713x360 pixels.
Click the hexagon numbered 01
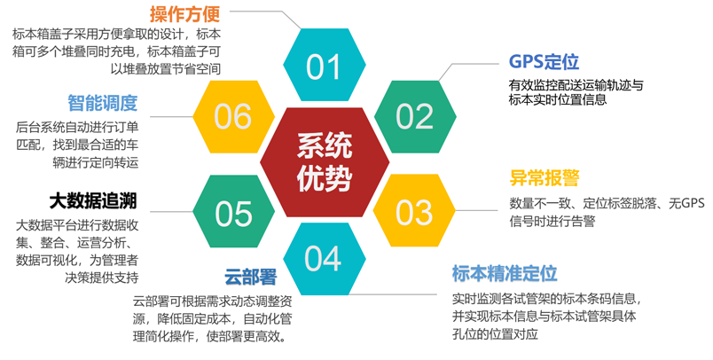[x=325, y=65]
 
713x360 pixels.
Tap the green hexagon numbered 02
[x=415, y=117]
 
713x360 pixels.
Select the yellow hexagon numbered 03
[x=414, y=210]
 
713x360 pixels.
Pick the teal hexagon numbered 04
[x=325, y=259]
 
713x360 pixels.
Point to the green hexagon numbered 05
[x=234, y=211]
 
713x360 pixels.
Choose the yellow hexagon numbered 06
[x=234, y=117]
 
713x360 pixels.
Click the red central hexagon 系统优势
[x=325, y=162]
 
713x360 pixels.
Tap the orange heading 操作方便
[x=185, y=14]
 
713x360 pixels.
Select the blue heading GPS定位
[x=544, y=61]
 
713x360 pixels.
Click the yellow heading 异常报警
[x=545, y=177]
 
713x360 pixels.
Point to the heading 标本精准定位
[x=505, y=273]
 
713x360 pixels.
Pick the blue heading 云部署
[x=251, y=277]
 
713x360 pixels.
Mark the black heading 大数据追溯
[x=93, y=201]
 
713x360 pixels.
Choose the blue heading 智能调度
[x=103, y=103]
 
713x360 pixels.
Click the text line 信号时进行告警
[x=552, y=222]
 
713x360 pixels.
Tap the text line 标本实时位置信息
[x=558, y=99]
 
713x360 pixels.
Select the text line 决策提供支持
[x=102, y=278]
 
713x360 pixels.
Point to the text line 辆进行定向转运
[x=96, y=162]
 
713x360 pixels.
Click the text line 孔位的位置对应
[x=495, y=334]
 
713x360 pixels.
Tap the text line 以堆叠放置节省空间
[x=166, y=68]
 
